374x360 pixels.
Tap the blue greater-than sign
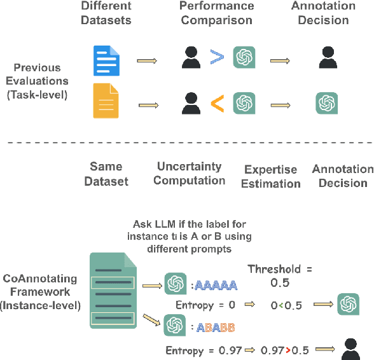[218, 57]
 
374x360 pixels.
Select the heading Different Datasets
[107, 13]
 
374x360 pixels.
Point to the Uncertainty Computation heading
[190, 173]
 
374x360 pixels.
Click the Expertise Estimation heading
[271, 177]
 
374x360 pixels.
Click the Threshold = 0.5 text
[280, 275]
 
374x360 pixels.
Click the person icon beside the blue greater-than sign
[190, 57]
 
